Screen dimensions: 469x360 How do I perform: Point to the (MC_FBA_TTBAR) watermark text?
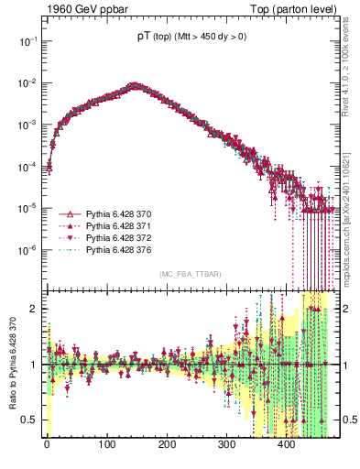[190, 275]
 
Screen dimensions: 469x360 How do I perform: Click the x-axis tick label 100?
[107, 445]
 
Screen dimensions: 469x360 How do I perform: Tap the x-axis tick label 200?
[167, 445]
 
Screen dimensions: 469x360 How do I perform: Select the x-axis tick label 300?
[227, 445]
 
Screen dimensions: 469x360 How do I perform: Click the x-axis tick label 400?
[287, 445]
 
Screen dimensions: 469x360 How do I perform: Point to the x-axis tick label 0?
[47, 445]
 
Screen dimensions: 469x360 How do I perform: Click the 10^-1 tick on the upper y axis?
[29, 41]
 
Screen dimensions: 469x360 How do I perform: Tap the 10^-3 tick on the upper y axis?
[29, 125]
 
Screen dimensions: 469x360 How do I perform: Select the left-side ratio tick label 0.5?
[31, 420]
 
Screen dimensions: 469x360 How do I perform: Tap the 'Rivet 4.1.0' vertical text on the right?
[353, 55]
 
